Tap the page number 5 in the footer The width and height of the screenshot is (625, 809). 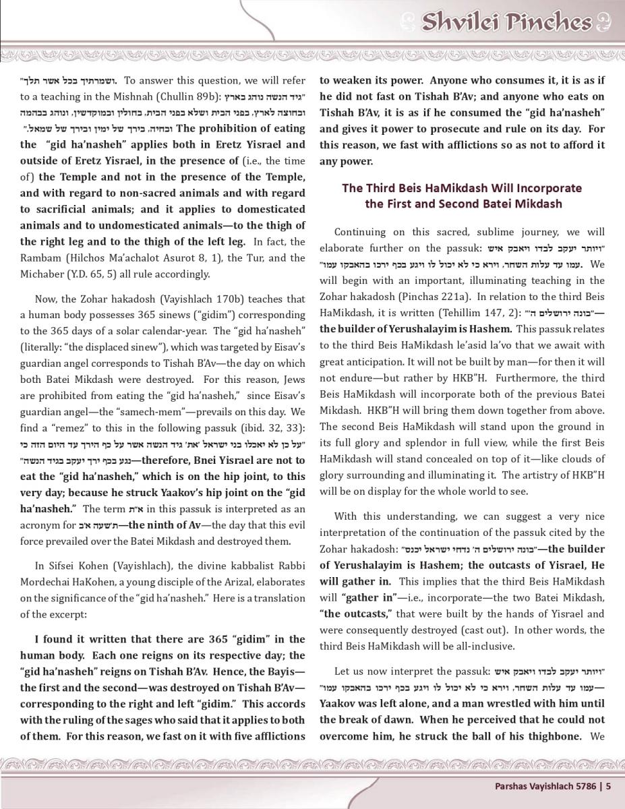coord(608,785)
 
